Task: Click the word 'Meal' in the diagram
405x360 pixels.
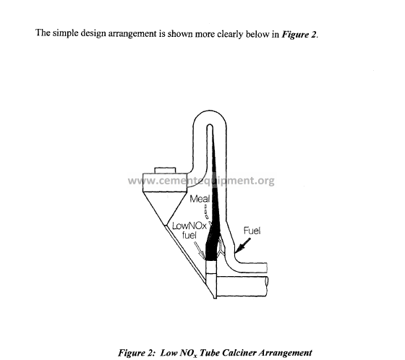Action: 200,199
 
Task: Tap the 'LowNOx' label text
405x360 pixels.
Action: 189,226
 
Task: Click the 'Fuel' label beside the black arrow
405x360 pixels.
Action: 252,231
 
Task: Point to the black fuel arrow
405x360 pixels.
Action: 243,245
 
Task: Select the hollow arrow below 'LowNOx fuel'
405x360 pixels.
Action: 200,250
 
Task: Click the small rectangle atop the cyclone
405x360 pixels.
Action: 165,171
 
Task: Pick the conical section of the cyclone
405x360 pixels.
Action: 165,208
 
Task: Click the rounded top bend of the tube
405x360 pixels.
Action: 210,116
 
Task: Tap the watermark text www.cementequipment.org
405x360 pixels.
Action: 201,181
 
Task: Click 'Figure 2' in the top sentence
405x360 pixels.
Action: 299,35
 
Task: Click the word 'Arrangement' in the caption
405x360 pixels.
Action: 286,353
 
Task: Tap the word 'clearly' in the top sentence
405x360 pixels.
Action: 230,34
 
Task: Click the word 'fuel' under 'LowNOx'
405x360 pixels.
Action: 189,235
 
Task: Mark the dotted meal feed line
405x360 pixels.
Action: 206,212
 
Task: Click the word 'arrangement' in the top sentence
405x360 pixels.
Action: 132,34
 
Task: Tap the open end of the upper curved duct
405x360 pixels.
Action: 267,267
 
